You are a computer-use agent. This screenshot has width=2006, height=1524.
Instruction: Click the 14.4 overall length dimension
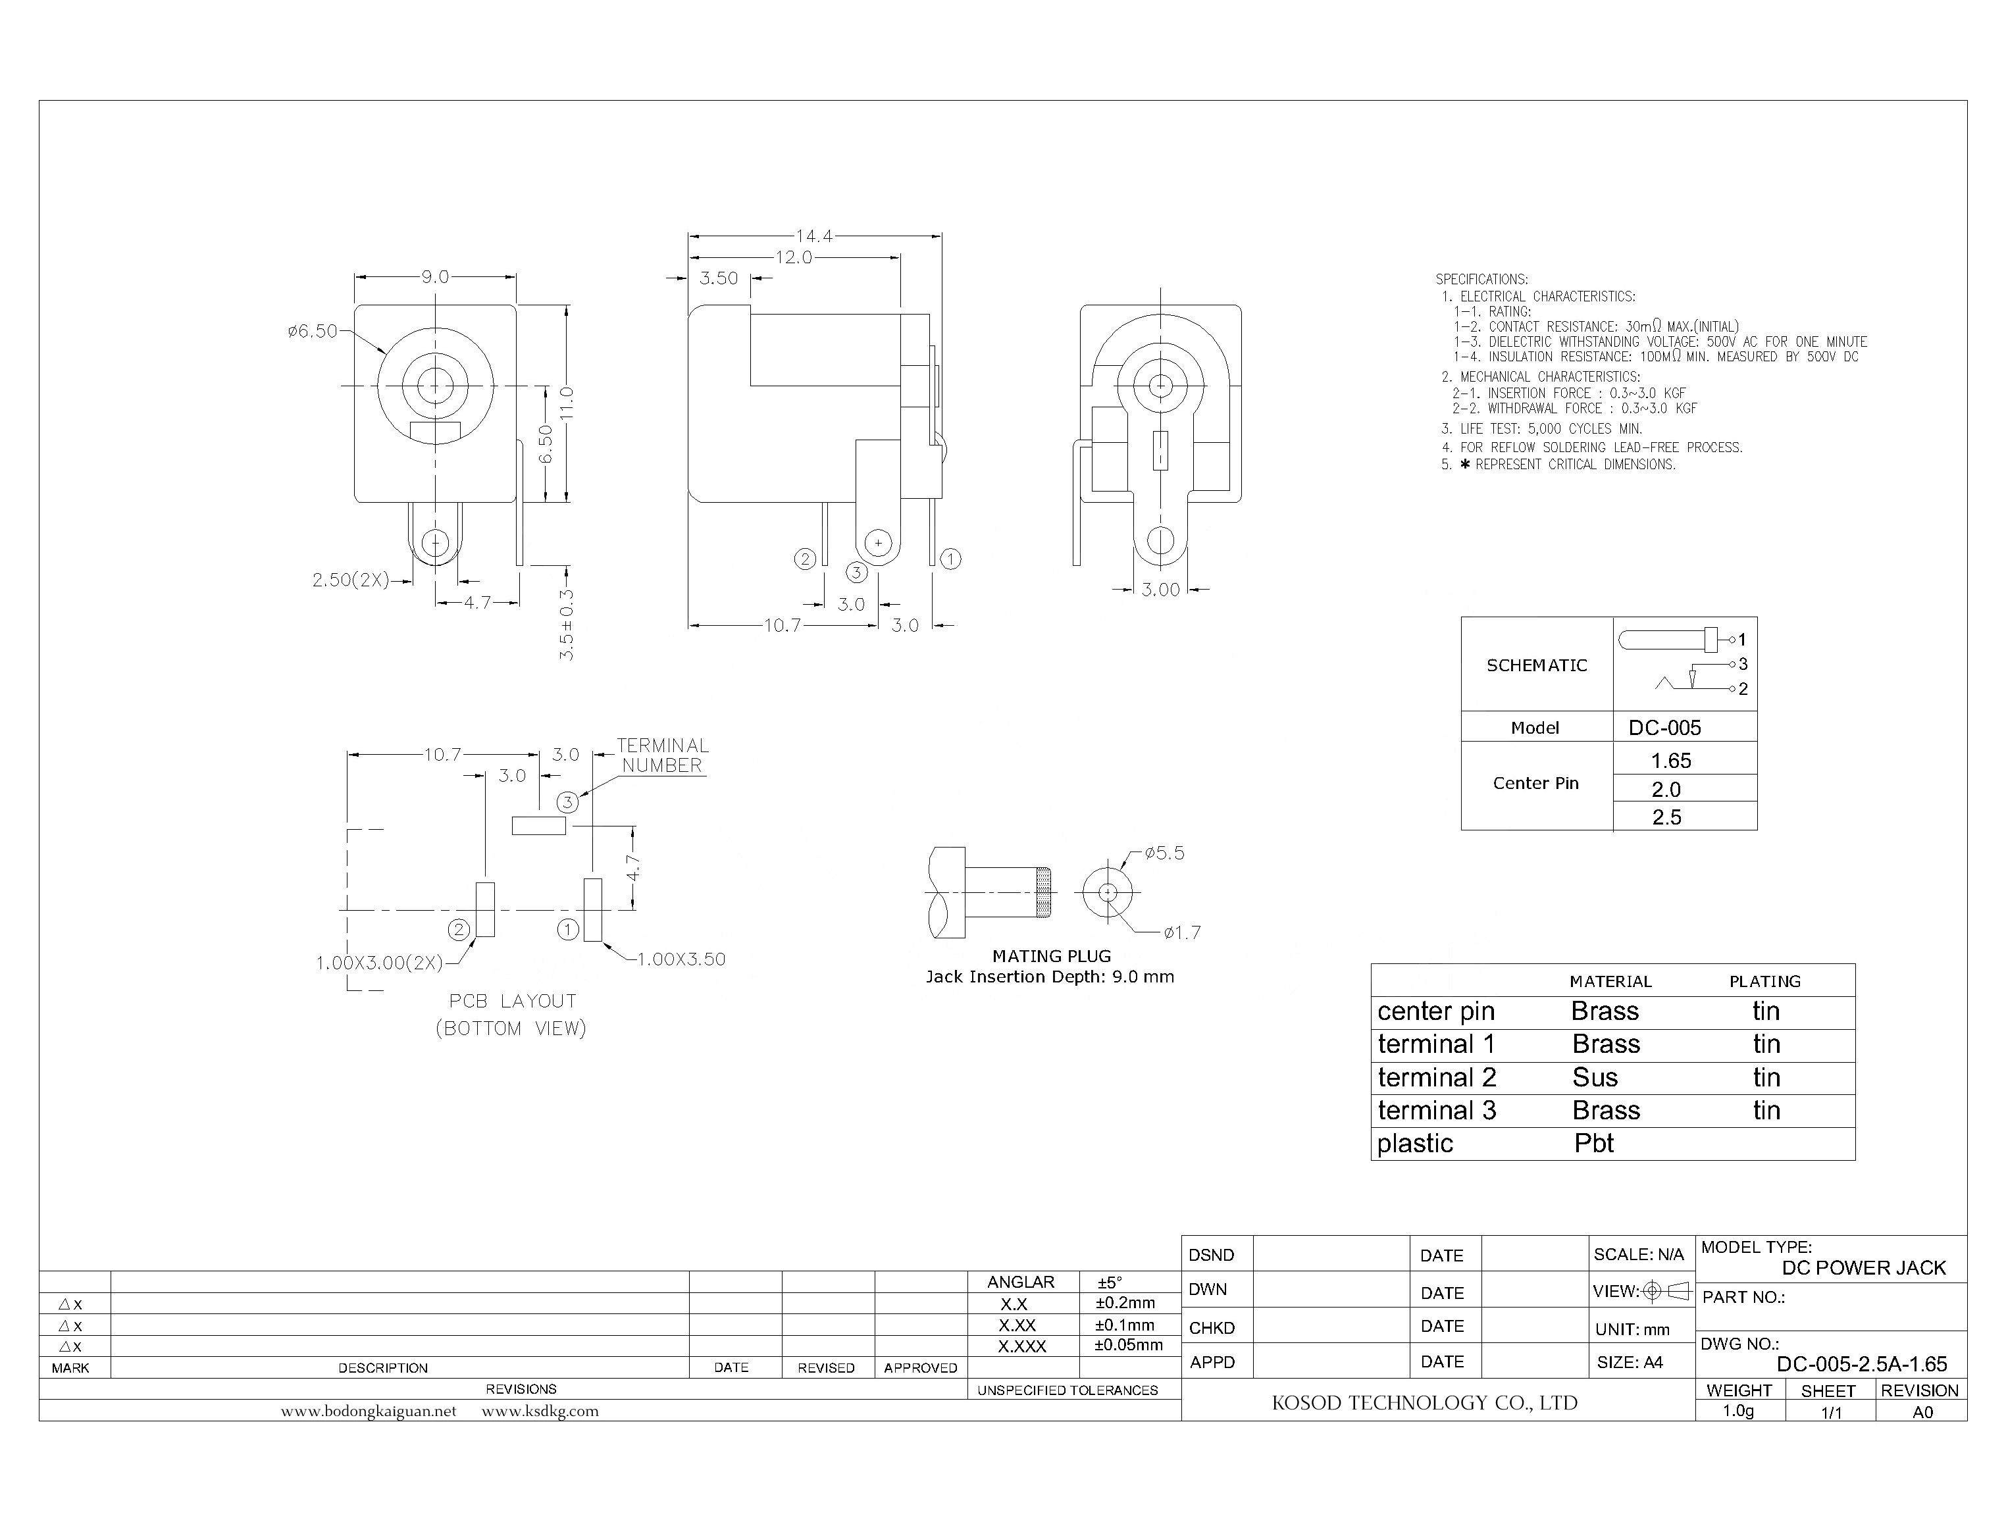pos(814,236)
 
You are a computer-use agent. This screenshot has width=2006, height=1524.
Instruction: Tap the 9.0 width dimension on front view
pos(434,276)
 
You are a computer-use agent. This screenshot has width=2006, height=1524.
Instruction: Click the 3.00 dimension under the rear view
pos(1160,590)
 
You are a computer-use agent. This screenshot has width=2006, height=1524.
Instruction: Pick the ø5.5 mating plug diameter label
pos(1164,853)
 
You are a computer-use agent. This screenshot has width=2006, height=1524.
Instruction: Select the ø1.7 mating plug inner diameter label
pos(1182,932)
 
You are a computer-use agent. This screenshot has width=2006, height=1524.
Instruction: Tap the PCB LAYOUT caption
pos(513,1002)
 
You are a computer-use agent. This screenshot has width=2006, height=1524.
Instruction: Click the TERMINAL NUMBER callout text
pos(662,755)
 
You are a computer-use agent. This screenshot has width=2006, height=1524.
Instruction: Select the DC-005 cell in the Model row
pos(1665,728)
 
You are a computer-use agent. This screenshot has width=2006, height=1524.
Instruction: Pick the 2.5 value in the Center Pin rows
pos(1666,817)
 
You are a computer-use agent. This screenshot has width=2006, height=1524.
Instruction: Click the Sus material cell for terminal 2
pos(1595,1078)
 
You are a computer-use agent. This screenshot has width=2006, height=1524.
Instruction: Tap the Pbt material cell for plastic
pos(1594,1144)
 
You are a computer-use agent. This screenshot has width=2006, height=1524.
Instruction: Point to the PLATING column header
pos(1764,982)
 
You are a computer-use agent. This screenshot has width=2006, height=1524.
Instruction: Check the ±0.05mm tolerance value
pos(1128,1345)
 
